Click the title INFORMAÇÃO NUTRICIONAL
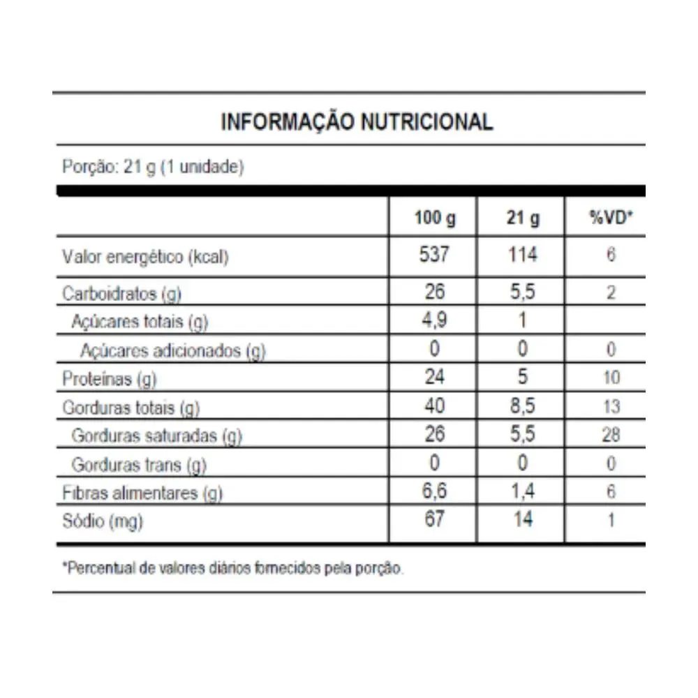point(357,122)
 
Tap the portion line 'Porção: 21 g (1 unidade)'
point(153,168)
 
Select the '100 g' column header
point(434,218)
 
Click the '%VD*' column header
point(610,218)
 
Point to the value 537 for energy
point(434,255)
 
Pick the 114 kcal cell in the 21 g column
point(522,255)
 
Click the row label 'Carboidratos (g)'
point(122,293)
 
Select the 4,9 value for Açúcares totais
point(434,321)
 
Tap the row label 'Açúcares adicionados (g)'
point(172,350)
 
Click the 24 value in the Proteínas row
point(434,378)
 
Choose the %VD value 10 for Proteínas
point(610,378)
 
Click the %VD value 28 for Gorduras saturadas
point(610,436)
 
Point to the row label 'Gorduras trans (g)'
point(139,464)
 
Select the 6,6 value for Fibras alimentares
point(434,492)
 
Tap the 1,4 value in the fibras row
point(522,492)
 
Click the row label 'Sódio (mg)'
point(103,521)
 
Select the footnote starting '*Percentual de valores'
point(233,568)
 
